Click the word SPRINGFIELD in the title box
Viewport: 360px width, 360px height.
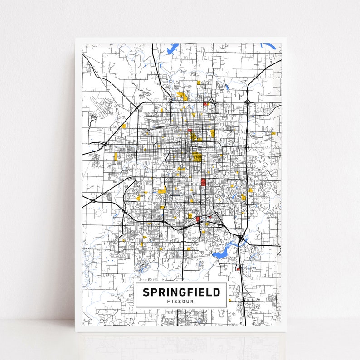pos(181,292)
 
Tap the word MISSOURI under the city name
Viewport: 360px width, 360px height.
pos(181,302)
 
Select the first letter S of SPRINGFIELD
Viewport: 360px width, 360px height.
pos(146,292)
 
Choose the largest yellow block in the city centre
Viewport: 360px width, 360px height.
pos(197,157)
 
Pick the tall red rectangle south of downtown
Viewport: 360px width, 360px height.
pos(203,182)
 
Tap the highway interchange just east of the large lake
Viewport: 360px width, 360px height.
pos(242,237)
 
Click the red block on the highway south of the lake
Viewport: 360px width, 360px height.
pos(238,269)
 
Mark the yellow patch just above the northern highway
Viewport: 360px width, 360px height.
pos(183,96)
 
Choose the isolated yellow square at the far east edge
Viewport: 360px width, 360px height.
pos(273,133)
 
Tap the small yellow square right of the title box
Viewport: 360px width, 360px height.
pos(229,300)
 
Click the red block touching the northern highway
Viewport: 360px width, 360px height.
pos(205,104)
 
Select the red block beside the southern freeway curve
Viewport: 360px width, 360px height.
pos(198,219)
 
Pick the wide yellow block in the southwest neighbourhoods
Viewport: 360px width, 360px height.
pos(161,191)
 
